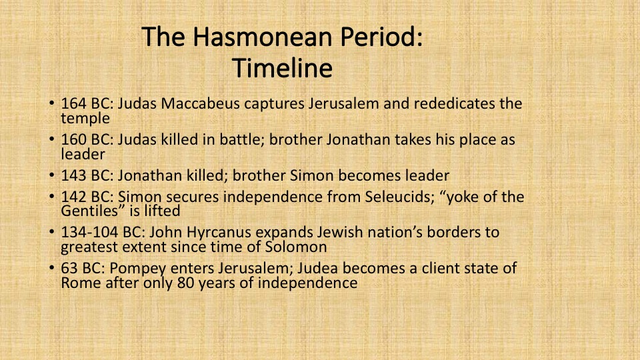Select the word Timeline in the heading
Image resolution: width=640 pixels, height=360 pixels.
[x=283, y=68]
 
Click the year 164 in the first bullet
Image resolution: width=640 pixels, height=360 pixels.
[x=73, y=104]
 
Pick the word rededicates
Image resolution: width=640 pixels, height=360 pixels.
[x=455, y=104]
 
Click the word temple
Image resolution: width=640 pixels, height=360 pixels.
[x=85, y=119]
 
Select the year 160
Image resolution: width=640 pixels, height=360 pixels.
[x=73, y=139]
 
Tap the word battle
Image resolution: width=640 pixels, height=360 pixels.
[x=242, y=139]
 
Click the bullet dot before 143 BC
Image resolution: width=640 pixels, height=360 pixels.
[x=51, y=175]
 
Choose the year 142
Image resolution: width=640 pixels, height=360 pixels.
[x=73, y=197]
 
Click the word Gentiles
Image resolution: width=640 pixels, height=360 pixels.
[x=93, y=211]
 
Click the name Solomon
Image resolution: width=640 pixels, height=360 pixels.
[x=296, y=247]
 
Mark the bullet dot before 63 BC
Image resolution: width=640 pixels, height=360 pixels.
[x=51, y=268]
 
